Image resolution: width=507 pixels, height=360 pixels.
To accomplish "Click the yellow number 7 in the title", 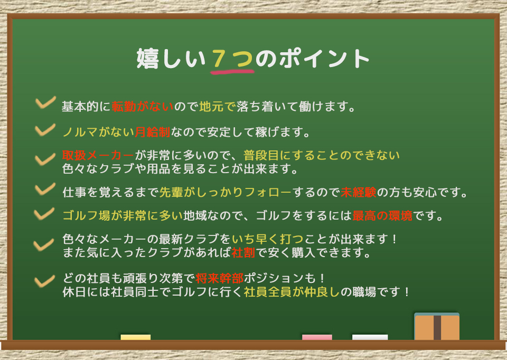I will pyautogui.click(x=221, y=59).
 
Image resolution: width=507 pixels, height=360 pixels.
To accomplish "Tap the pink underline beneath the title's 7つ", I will pyautogui.click(x=232, y=71).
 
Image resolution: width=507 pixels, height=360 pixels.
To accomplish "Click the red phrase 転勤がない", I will pyautogui.click(x=143, y=107).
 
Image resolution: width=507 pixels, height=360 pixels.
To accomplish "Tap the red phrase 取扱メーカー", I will pyautogui.click(x=98, y=156).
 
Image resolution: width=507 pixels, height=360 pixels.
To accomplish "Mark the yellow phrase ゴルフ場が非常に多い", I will pyautogui.click(x=122, y=216).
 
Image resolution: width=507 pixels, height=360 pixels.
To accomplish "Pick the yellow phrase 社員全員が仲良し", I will pyautogui.click(x=291, y=292).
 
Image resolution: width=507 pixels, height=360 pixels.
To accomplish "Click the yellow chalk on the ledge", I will pyautogui.click(x=135, y=337).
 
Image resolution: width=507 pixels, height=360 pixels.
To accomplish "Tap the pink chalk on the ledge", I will pyautogui.click(x=317, y=337).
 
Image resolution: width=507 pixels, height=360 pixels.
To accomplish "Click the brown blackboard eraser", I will pyautogui.click(x=437, y=327).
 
